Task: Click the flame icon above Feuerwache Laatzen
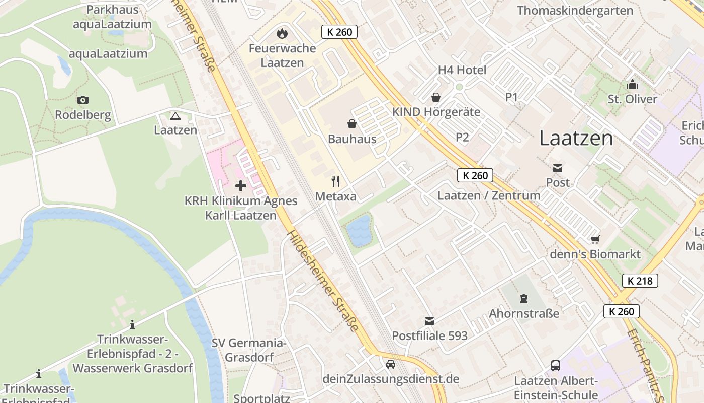pyautogui.click(x=282, y=34)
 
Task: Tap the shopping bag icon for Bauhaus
pyautogui.click(x=352, y=124)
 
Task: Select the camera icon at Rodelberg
pyautogui.click(x=83, y=100)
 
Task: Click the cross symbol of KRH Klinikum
pyautogui.click(x=241, y=186)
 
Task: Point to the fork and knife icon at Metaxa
pyautogui.click(x=335, y=181)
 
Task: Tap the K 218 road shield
pyautogui.click(x=640, y=281)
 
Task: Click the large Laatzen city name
pyautogui.click(x=576, y=138)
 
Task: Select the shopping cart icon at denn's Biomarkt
pyautogui.click(x=595, y=239)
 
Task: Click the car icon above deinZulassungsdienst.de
pyautogui.click(x=391, y=364)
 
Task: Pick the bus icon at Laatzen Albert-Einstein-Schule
pyautogui.click(x=556, y=365)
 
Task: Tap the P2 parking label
pyautogui.click(x=462, y=137)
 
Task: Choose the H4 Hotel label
pyautogui.click(x=462, y=70)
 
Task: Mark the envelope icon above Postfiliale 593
pyautogui.click(x=429, y=321)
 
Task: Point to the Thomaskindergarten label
pyautogui.click(x=568, y=11)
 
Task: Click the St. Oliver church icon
pyautogui.click(x=632, y=84)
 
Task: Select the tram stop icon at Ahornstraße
pyautogui.click(x=524, y=299)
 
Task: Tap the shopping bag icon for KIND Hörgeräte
pyautogui.click(x=435, y=97)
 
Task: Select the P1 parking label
pyautogui.click(x=511, y=97)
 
